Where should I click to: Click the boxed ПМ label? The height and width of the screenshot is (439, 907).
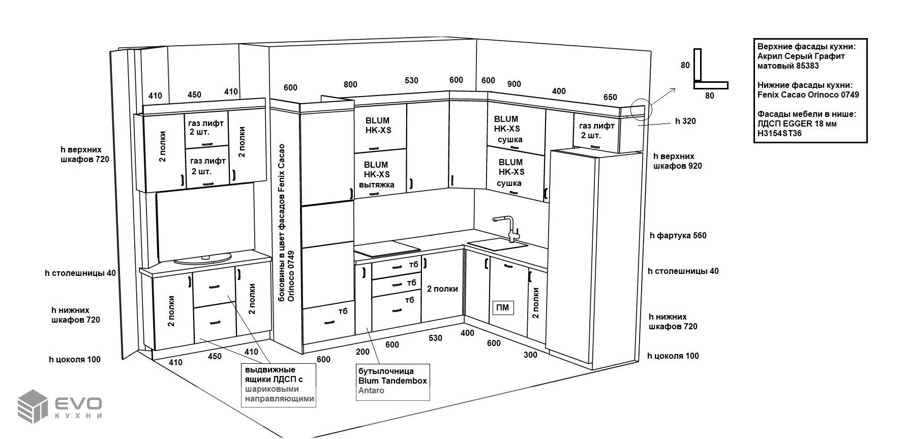pos(502,307)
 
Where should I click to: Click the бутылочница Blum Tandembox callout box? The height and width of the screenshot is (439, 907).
pos(392,381)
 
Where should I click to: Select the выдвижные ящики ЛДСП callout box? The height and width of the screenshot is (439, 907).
pos(278,385)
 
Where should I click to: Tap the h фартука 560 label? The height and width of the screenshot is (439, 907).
pos(678,235)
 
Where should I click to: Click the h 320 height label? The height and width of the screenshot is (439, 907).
pos(685,121)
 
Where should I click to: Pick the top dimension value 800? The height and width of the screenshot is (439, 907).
pos(350,84)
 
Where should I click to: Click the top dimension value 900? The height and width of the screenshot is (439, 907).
pos(514,84)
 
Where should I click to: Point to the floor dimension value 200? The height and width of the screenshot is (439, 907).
pos(363,352)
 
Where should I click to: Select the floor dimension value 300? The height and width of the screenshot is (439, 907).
pos(530,355)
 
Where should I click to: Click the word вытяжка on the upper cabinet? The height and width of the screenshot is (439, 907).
pos(376,184)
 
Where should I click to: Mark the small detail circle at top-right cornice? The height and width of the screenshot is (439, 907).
pos(641,108)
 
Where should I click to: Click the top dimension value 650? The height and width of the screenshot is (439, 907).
pos(610,97)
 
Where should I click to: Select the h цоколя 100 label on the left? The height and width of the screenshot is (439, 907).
pos(75,359)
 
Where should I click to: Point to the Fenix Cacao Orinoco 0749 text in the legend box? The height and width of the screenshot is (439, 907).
pos(808,95)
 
